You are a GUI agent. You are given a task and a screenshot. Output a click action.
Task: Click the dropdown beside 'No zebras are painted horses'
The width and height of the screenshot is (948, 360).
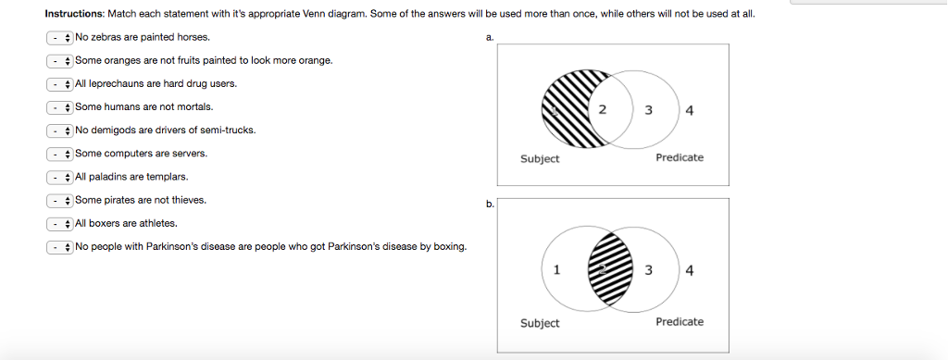click(x=60, y=37)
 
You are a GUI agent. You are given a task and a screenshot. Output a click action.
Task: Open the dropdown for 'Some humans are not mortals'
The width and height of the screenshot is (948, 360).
click(x=60, y=106)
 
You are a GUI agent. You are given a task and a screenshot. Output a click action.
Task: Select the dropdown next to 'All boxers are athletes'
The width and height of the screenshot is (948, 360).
click(x=60, y=223)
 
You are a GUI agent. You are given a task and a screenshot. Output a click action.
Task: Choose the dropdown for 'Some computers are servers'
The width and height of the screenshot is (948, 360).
click(x=60, y=153)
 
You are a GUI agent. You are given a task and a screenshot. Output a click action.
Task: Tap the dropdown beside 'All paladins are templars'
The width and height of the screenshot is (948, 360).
click(x=60, y=176)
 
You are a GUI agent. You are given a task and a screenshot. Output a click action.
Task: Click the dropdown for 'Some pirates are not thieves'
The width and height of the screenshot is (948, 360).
click(x=60, y=199)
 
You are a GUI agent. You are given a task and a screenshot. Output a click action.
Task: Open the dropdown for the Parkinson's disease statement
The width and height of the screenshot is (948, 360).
click(x=60, y=246)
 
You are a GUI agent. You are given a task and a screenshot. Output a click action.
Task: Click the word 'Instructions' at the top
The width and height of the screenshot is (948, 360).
click(x=75, y=14)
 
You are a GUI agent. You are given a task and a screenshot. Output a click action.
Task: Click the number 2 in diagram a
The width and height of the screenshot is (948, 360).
click(x=603, y=110)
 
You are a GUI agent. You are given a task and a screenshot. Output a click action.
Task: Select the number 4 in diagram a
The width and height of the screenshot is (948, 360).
click(x=690, y=111)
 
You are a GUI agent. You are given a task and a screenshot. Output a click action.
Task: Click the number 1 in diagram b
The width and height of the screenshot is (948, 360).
click(x=555, y=270)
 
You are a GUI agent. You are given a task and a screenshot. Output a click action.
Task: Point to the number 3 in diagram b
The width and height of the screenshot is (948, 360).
click(x=650, y=270)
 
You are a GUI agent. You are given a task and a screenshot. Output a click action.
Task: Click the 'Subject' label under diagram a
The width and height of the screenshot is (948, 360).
click(x=540, y=158)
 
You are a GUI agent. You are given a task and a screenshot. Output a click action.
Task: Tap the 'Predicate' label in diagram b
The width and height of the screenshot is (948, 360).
click(x=679, y=321)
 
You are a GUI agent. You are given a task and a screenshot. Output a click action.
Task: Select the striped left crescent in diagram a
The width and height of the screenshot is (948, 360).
click(x=561, y=109)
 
